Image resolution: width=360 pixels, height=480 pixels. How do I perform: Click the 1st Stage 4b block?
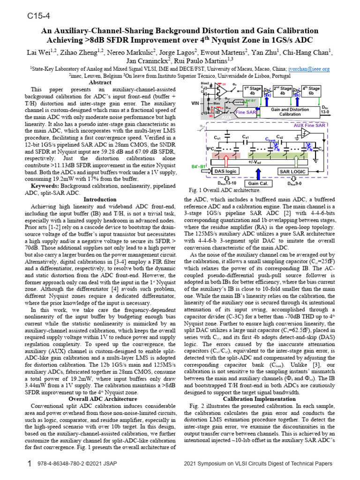(252, 90)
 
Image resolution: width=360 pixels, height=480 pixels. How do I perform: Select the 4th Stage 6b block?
(311, 90)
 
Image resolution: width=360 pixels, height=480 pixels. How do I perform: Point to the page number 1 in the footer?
(30, 464)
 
